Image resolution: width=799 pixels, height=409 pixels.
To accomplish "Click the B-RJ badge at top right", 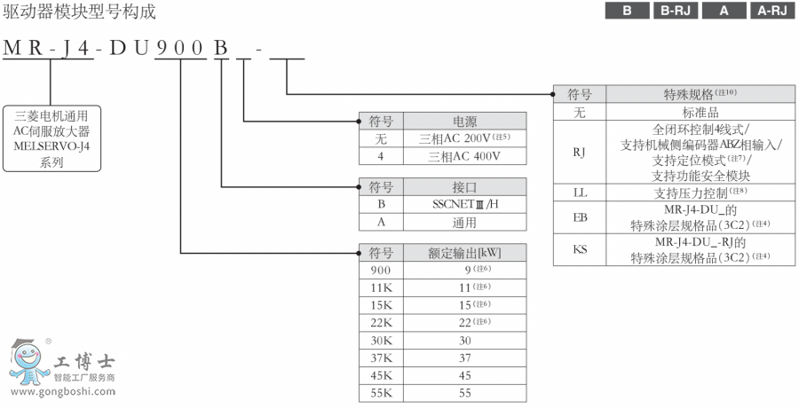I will point(676,12).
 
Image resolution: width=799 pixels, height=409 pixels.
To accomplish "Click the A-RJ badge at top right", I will point(771,12).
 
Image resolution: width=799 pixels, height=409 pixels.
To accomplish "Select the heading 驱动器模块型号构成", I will point(79,12).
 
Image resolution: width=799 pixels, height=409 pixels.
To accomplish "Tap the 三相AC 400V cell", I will point(465,154).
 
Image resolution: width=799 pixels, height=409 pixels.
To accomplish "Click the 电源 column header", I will point(465,121).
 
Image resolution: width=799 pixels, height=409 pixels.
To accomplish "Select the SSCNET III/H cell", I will point(465,203).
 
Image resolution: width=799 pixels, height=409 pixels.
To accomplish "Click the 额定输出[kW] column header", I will point(465,252).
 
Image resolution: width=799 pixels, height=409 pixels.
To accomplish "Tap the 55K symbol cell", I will point(381,391).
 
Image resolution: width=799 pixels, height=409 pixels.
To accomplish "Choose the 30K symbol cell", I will point(381,340).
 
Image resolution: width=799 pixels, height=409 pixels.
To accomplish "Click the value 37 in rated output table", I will point(465,357).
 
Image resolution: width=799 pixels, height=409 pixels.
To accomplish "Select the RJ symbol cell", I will point(579,152).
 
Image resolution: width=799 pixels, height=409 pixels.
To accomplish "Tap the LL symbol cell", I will point(579,192).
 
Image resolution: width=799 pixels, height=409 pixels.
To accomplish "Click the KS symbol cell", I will point(579,249).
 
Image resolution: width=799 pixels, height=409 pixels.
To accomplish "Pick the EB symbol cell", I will point(579,216).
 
